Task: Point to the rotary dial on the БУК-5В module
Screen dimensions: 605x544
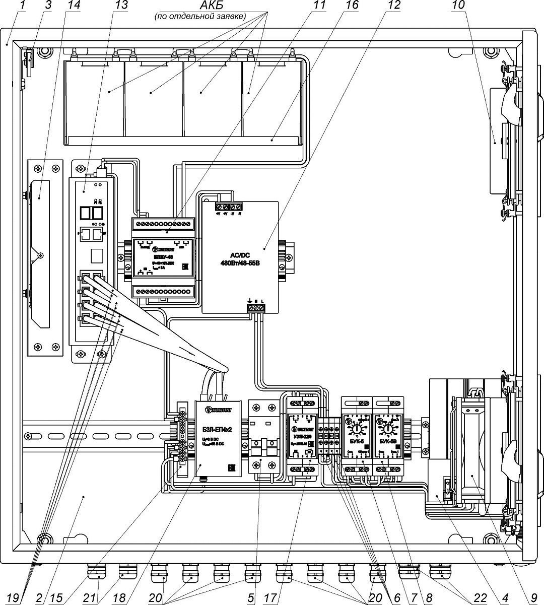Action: click(x=387, y=430)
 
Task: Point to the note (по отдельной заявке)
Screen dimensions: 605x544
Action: click(x=199, y=16)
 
